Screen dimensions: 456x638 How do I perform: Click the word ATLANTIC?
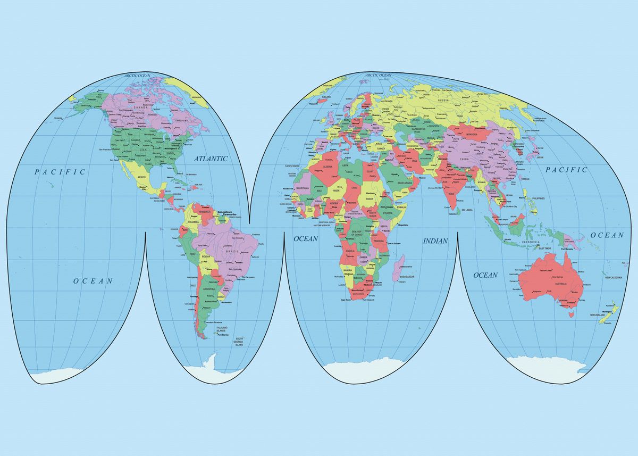[x=211, y=159]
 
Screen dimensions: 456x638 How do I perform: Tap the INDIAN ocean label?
[x=435, y=241]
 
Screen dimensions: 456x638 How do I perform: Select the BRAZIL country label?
[x=233, y=251]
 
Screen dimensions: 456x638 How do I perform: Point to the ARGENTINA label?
[x=208, y=289]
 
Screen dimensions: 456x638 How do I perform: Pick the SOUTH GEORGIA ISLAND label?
[x=239, y=342]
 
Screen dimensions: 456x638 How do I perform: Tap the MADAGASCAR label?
[x=407, y=277]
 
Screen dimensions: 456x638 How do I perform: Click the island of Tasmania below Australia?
[x=572, y=314]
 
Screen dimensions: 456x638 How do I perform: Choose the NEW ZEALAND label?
[x=598, y=315]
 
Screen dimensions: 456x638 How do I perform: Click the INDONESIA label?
[x=530, y=243]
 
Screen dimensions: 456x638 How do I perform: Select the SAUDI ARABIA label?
[x=405, y=183]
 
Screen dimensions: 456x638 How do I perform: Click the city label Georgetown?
[x=224, y=212]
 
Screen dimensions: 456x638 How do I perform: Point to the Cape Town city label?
[x=347, y=300]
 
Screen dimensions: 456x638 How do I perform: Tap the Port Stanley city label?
[x=222, y=335]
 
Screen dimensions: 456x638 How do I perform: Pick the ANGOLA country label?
[x=350, y=251]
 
